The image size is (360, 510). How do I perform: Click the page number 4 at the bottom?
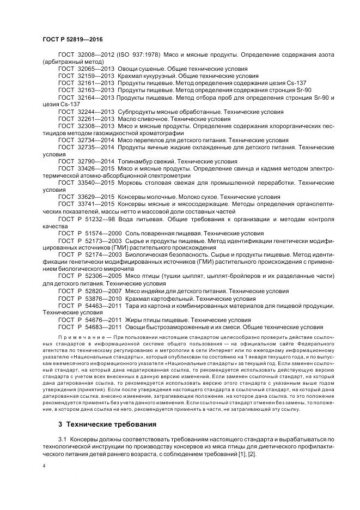point(44,467)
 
